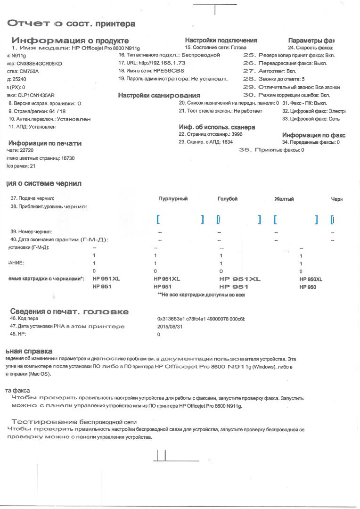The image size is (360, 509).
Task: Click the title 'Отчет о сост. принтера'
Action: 71,24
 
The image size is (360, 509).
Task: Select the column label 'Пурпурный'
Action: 173,199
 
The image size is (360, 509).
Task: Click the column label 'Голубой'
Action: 228,199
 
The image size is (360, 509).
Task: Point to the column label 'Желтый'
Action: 284,199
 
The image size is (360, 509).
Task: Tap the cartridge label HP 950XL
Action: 311,279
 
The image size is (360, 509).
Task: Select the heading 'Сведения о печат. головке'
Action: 69,312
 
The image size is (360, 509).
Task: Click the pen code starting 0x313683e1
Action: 201,319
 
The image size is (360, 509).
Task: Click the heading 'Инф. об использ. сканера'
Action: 217,127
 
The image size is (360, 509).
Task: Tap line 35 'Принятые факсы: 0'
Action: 271,150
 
